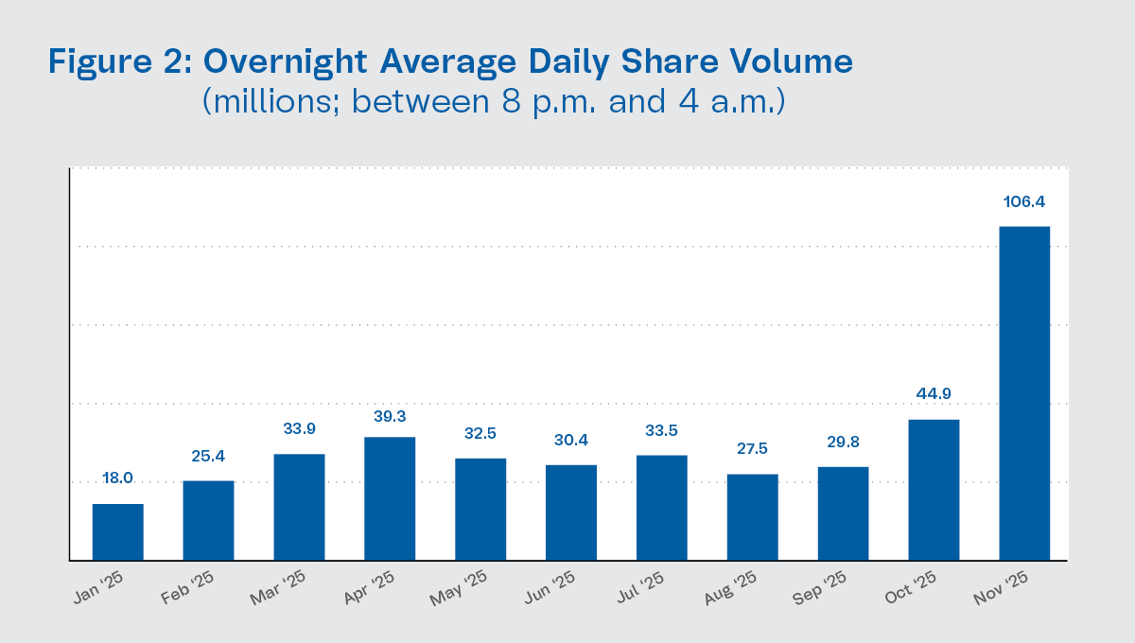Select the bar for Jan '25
click(118, 531)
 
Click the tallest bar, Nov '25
click(1024, 392)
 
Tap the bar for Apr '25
click(390, 498)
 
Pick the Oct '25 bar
click(934, 490)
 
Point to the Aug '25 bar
click(752, 517)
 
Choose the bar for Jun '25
click(571, 513)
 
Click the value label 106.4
click(1024, 201)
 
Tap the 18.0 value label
click(118, 479)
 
